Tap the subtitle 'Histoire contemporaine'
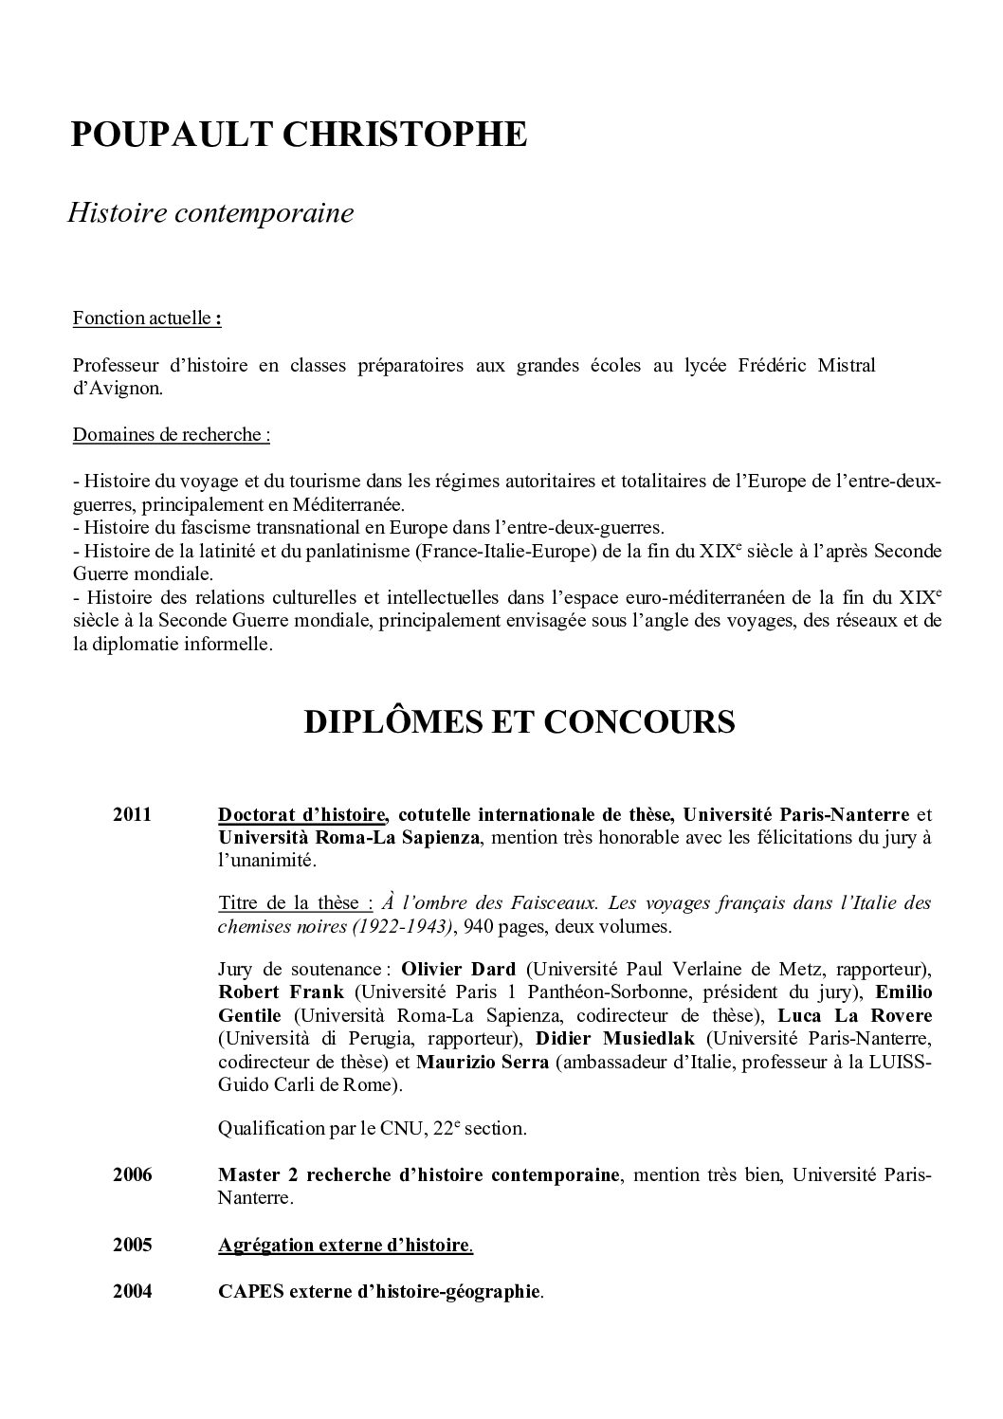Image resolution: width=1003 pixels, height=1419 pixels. [210, 213]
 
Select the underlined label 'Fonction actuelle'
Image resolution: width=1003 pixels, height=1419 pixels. [141, 318]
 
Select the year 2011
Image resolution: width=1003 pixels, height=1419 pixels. [132, 814]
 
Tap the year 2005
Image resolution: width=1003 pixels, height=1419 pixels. [132, 1246]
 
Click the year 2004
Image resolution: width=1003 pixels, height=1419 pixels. [132, 1291]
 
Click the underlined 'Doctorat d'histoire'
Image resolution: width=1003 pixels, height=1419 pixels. [301, 814]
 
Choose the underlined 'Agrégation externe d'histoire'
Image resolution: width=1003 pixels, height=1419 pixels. [344, 1246]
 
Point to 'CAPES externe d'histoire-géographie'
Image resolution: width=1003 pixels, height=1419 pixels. [379, 1291]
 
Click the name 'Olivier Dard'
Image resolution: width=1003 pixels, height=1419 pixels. [458, 969]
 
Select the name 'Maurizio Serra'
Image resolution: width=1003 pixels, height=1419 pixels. [482, 1062]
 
